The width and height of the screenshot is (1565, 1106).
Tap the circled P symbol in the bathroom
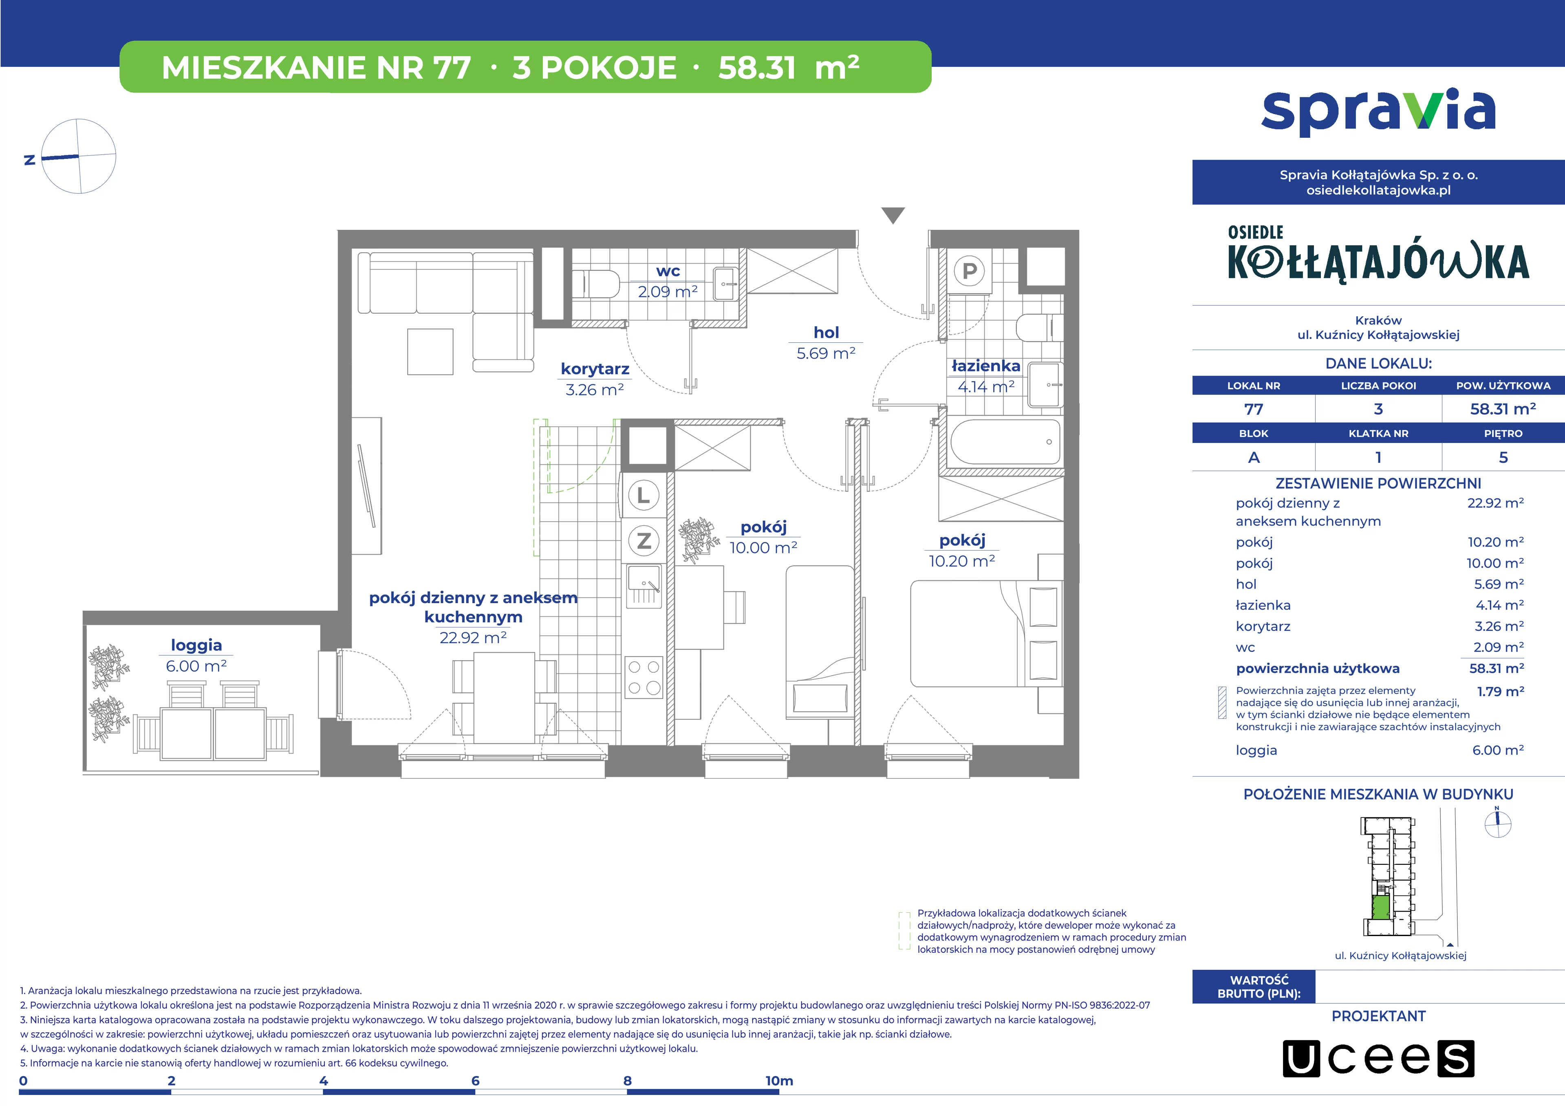point(969,271)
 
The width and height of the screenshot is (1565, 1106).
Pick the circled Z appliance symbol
point(644,541)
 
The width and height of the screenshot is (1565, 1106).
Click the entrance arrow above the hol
point(893,215)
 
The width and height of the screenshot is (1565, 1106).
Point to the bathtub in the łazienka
point(1005,442)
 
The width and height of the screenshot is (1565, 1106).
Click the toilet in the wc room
point(595,284)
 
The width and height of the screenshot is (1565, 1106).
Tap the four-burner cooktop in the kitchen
point(644,677)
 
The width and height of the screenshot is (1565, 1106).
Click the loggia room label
point(196,646)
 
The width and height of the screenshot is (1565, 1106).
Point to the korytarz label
point(595,369)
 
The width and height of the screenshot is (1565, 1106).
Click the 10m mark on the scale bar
point(779,1081)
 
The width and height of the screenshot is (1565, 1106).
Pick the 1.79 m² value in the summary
point(1500,692)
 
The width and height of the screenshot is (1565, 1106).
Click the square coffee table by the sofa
point(430,352)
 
